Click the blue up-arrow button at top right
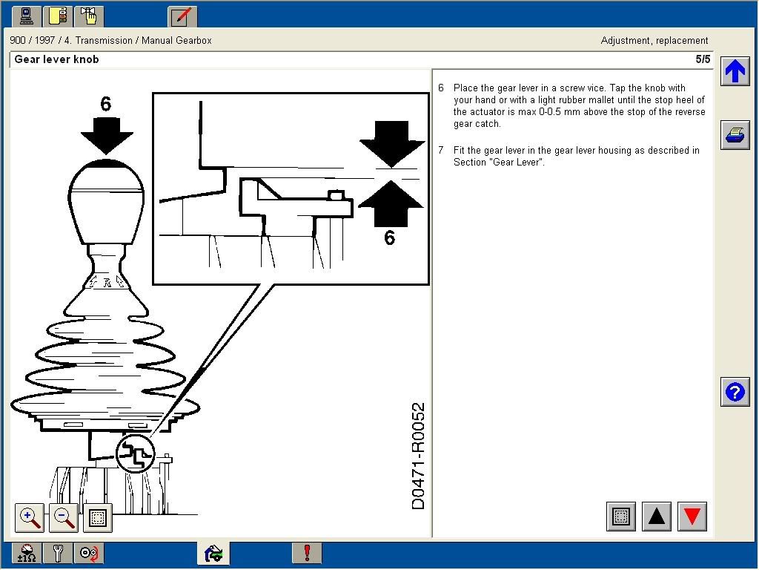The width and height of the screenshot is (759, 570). [735, 71]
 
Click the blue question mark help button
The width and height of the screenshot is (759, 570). [735, 392]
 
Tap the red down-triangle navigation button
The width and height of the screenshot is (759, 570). [692, 517]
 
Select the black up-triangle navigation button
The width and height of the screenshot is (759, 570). [657, 517]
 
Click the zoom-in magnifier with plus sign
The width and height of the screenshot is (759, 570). [30, 517]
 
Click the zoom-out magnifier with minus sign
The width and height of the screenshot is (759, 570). [64, 517]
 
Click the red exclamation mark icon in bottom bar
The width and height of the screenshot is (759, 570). [307, 553]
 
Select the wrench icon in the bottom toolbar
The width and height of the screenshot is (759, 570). [57, 553]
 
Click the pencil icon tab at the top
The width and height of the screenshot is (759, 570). [182, 16]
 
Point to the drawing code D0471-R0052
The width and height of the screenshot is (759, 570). [419, 456]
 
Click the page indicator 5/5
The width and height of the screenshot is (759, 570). [702, 59]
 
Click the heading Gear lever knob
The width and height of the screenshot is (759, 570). [56, 59]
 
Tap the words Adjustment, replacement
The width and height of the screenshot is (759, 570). [654, 41]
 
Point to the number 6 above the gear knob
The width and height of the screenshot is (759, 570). [105, 104]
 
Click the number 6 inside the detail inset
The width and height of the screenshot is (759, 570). [390, 237]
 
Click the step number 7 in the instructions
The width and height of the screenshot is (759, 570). [441, 151]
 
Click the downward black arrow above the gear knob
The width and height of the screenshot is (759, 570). [107, 135]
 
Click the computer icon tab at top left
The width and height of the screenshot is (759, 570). [25, 16]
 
